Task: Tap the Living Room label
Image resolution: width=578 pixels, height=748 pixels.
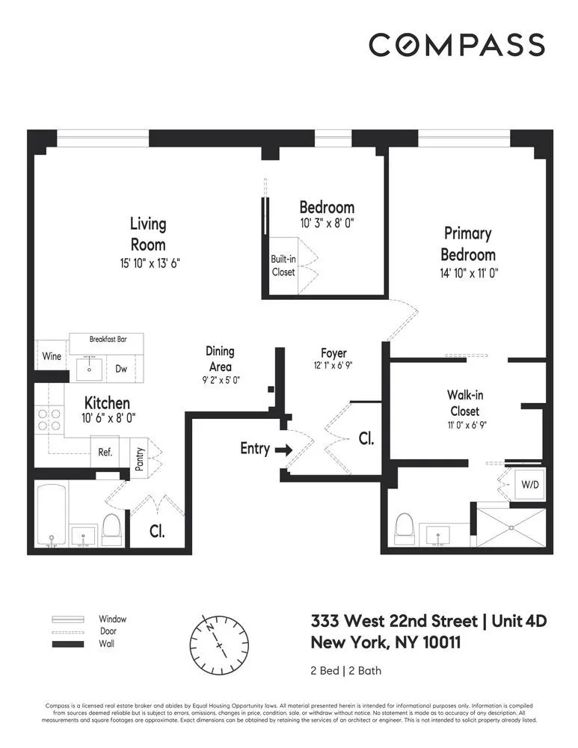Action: point(147,233)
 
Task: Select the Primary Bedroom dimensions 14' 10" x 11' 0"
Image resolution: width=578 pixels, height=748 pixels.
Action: point(469,274)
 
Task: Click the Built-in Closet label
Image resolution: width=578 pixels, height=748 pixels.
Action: point(283,266)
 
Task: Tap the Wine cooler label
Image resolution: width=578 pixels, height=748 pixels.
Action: point(52,356)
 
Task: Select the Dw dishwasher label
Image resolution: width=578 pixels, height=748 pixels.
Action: point(121,368)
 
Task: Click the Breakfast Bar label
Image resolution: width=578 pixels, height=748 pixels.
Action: point(108,339)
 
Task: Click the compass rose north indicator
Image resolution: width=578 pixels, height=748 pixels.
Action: point(212,625)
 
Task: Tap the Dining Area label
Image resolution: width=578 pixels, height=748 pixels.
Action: point(220,358)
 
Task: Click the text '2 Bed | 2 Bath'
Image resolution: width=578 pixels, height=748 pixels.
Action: point(346,669)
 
